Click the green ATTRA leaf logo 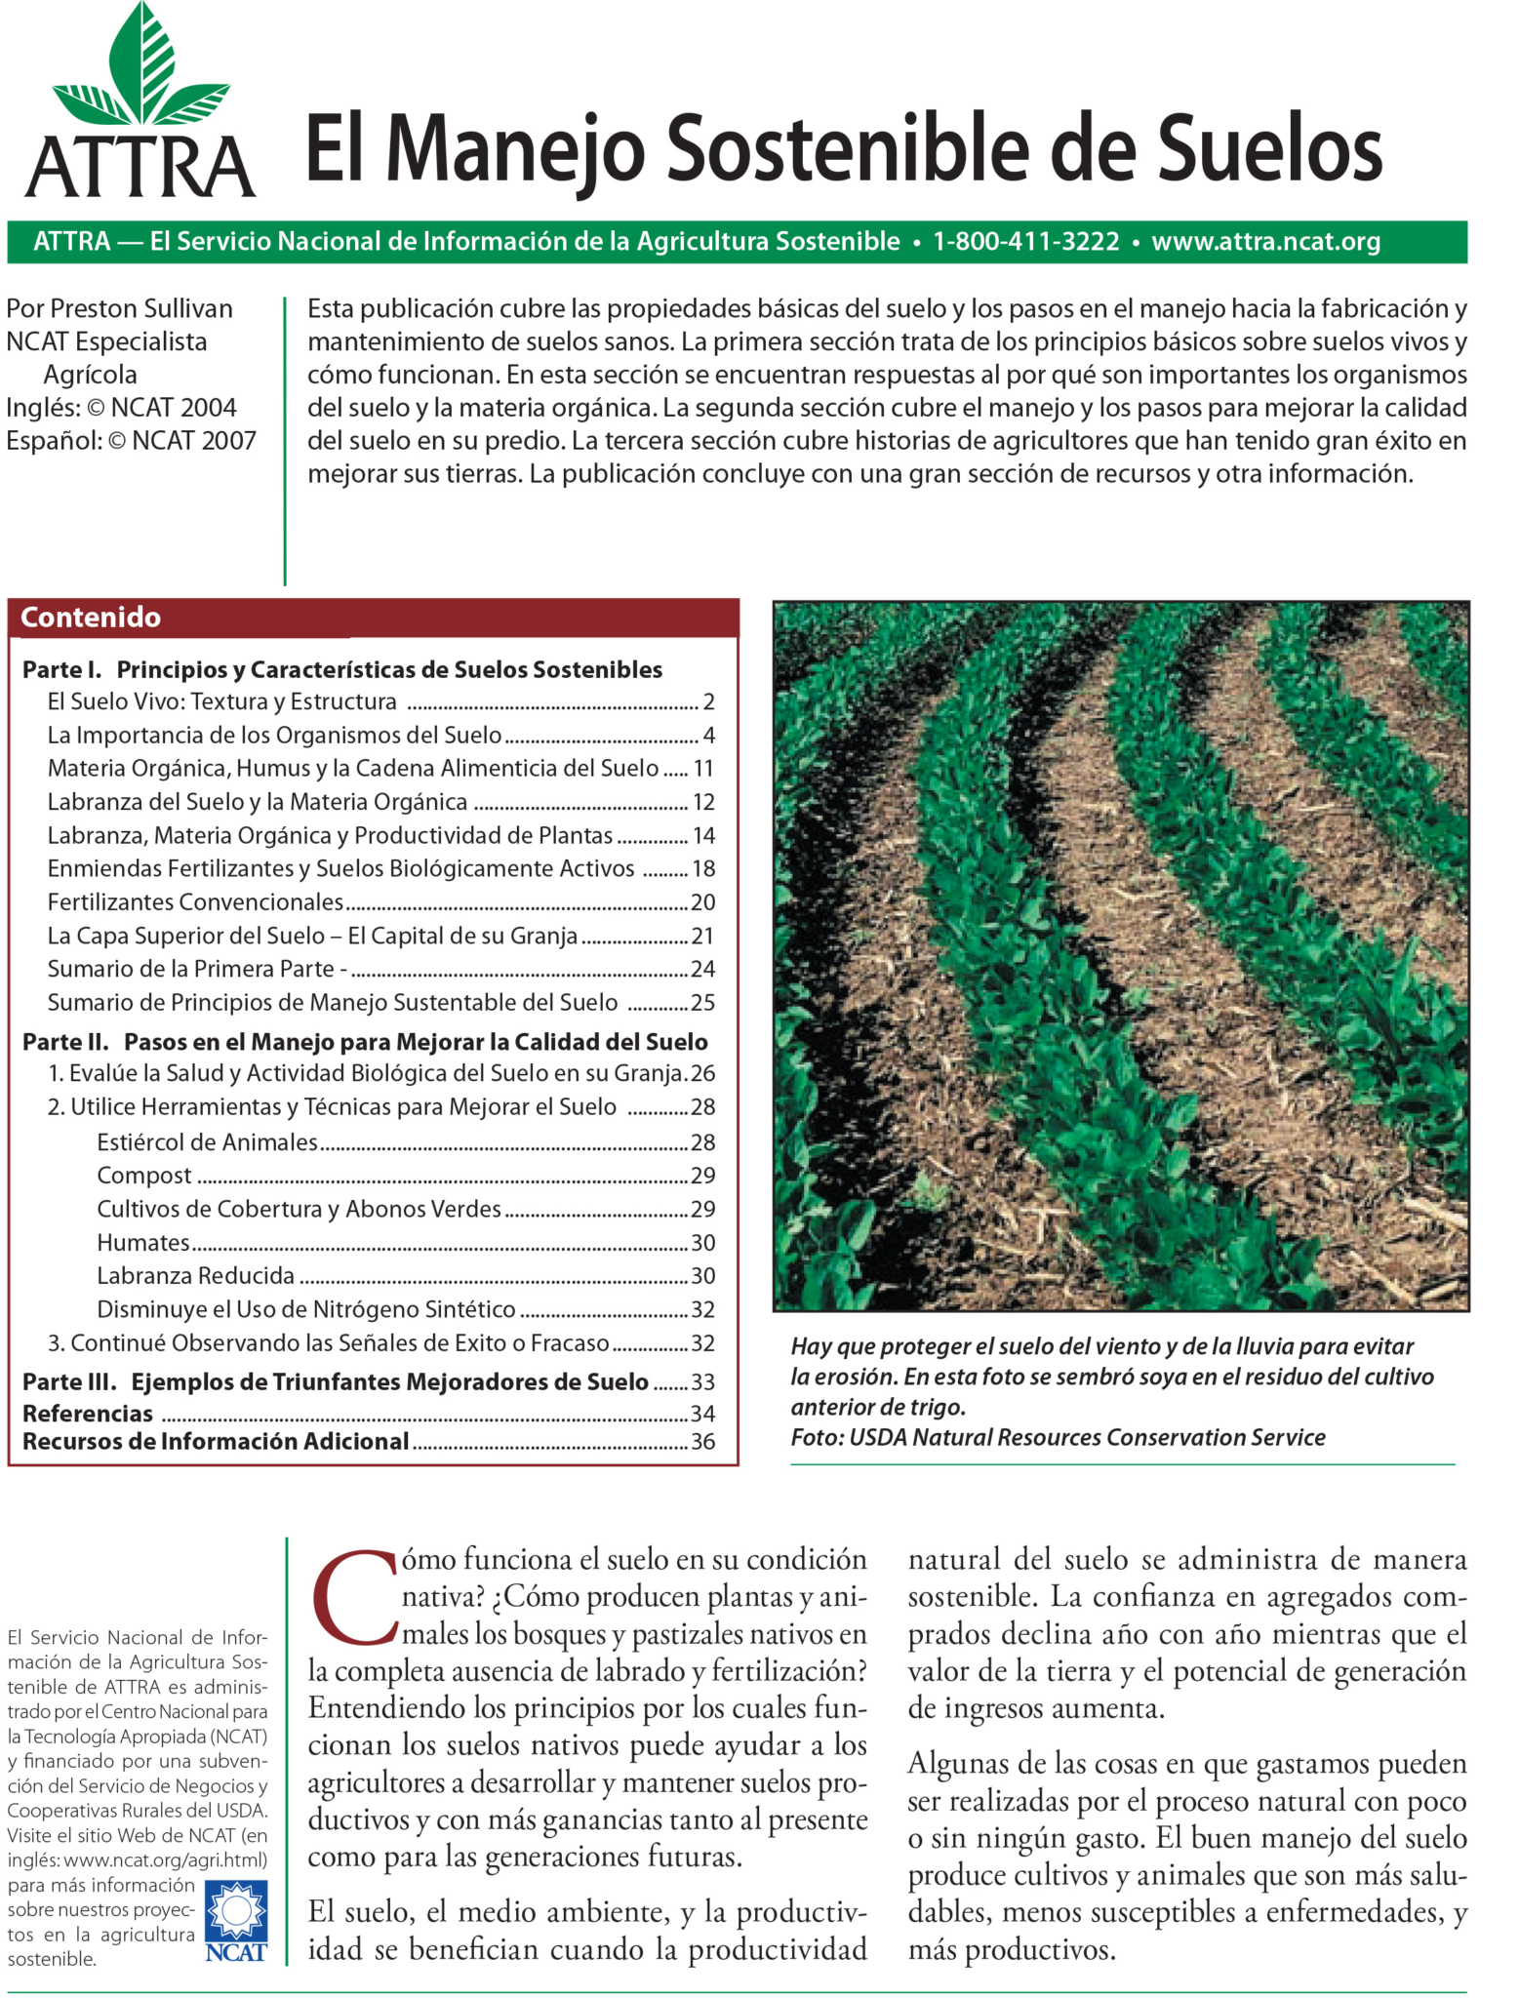(141, 73)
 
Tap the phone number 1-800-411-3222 (1025, 242)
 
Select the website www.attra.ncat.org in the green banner (1265, 242)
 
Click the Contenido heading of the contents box (90, 618)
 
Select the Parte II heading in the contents (364, 1042)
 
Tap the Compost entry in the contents (144, 1176)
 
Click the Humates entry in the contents (143, 1243)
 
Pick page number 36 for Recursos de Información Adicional (702, 1442)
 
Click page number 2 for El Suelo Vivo (708, 702)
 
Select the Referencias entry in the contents (88, 1414)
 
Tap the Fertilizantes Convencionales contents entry (195, 902)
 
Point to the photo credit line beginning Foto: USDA (1058, 1437)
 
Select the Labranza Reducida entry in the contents (195, 1276)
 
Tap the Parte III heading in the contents (335, 1382)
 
